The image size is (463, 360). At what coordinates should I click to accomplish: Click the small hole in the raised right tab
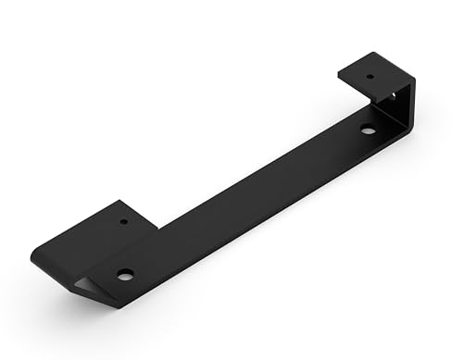click(x=369, y=77)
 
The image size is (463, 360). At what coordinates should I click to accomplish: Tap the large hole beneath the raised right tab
click(x=369, y=130)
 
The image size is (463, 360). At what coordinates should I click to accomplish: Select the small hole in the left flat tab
click(x=124, y=222)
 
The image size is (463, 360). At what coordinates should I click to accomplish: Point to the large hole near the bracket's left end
click(x=125, y=274)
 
